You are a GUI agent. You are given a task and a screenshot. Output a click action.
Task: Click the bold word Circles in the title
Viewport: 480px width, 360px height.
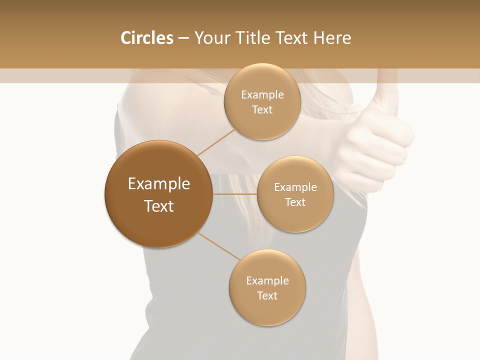click(x=146, y=38)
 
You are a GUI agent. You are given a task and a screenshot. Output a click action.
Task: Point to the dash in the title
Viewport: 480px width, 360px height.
click(x=183, y=38)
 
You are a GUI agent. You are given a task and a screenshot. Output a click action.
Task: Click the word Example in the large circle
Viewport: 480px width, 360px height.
click(x=159, y=184)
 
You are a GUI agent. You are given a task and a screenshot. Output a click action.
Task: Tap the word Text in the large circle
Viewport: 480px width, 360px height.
click(x=159, y=206)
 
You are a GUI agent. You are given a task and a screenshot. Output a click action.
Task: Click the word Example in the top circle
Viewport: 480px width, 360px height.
click(x=262, y=95)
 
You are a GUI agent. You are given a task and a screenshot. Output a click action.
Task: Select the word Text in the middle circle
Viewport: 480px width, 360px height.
click(x=295, y=202)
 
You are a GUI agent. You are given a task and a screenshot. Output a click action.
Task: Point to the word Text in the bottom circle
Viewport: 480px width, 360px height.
click(x=267, y=296)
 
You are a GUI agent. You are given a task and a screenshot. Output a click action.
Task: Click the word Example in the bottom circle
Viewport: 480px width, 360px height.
click(x=267, y=281)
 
